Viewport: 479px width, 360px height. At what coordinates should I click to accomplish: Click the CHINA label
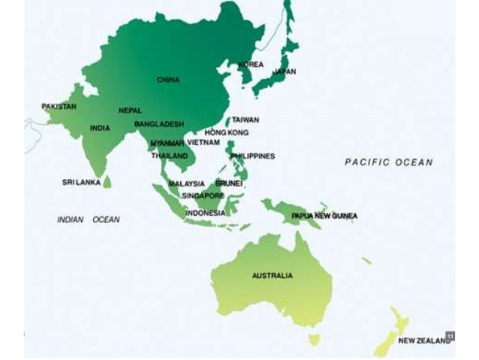[168, 80]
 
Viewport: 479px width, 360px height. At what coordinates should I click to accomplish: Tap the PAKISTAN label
[59, 107]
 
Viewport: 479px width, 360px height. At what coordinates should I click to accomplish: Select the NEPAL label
[130, 110]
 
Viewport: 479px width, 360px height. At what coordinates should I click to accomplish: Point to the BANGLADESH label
[159, 123]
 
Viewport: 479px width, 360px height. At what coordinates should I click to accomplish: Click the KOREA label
[251, 65]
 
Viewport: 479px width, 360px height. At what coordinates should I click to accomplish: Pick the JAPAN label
[285, 72]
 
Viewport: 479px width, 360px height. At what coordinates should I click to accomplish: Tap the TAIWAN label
[245, 119]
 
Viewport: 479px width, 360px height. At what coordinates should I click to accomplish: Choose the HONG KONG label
[221, 132]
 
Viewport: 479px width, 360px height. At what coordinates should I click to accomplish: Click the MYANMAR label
[167, 143]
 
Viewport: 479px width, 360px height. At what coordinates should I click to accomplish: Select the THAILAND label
[169, 156]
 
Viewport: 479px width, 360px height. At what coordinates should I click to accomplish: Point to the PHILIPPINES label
[253, 156]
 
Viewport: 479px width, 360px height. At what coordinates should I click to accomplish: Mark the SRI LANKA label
[81, 182]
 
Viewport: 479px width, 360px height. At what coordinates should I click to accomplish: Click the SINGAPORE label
[203, 195]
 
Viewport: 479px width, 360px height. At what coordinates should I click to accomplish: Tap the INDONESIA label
[205, 213]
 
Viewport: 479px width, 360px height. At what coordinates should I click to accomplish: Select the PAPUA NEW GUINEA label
[324, 216]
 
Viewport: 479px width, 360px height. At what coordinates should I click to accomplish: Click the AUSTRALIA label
[273, 276]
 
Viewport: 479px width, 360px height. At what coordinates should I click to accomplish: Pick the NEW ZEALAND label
[424, 340]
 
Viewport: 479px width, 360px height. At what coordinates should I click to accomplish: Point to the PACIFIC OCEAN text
[388, 162]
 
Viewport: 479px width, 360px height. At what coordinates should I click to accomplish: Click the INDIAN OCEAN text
[88, 219]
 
